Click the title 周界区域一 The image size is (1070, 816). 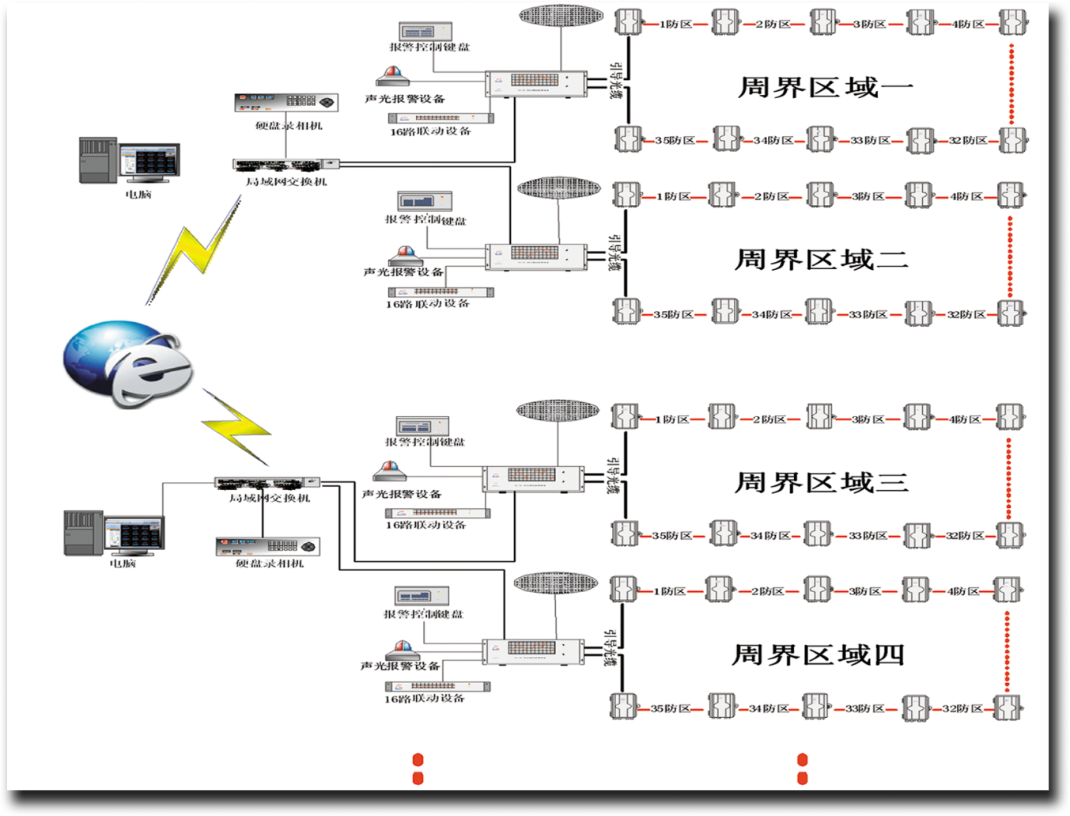pyautogui.click(x=825, y=87)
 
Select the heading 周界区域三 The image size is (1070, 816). pyautogui.click(x=821, y=482)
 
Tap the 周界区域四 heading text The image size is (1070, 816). pyautogui.click(x=818, y=655)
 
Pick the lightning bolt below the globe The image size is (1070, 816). pyautogui.click(x=237, y=427)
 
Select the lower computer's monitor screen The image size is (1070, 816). pyautogui.click(x=134, y=535)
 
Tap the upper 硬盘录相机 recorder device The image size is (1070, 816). pyautogui.click(x=286, y=102)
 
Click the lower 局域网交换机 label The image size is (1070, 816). pyautogui.click(x=270, y=498)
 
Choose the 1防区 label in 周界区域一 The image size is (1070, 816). pyautogui.click(x=675, y=25)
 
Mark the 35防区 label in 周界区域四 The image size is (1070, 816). pyautogui.click(x=670, y=708)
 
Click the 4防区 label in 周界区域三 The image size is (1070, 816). pyautogui.click(x=964, y=419)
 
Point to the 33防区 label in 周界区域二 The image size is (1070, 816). pyautogui.click(x=868, y=315)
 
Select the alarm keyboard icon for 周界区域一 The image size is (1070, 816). pyautogui.click(x=425, y=32)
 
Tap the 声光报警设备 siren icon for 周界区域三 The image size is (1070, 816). pyautogui.click(x=390, y=472)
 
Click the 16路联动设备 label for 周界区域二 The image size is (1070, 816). pyautogui.click(x=428, y=304)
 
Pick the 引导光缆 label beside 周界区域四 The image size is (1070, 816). pyautogui.click(x=610, y=648)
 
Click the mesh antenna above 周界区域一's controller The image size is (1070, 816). pyautogui.click(x=561, y=15)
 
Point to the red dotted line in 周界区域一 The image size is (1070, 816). pyautogui.click(x=1011, y=84)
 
